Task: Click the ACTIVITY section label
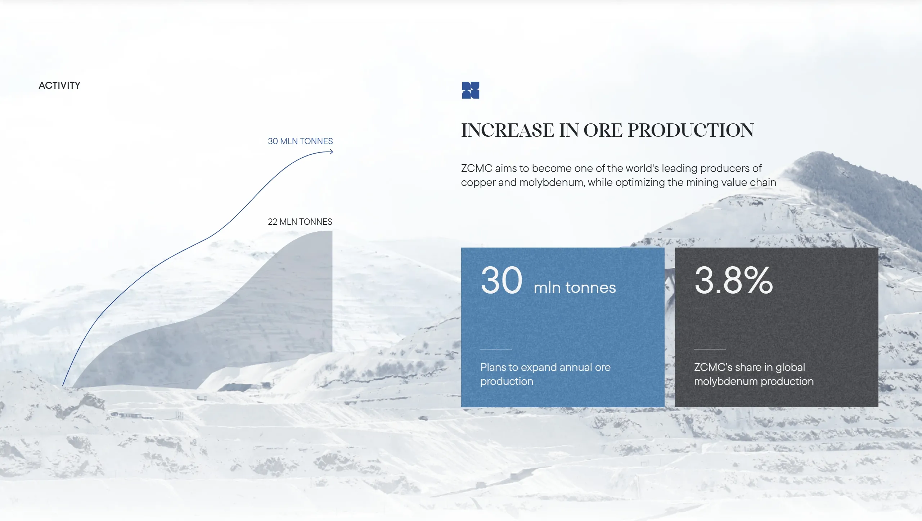59,85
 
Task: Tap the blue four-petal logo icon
471,90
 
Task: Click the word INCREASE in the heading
508,130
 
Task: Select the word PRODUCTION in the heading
691,130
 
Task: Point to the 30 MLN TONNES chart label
300,141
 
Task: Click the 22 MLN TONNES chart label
300,222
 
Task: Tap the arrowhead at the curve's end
331,152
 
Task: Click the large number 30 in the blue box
502,280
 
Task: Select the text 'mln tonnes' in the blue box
575,287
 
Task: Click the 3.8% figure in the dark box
733,280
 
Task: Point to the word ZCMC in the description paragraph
476,168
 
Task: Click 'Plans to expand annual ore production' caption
545,374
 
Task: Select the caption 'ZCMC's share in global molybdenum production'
754,374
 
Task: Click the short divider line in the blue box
496,349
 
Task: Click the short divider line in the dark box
710,349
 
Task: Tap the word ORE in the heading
603,130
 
